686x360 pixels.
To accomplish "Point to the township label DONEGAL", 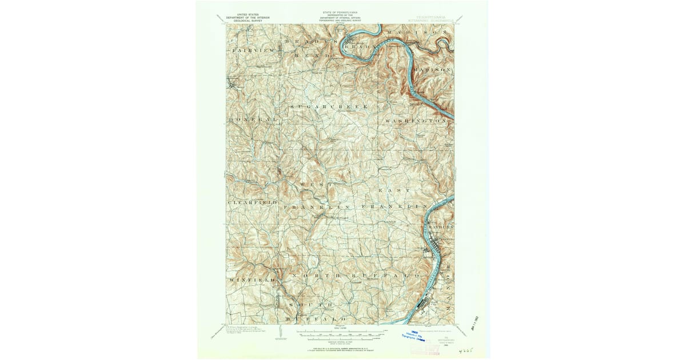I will [252, 119].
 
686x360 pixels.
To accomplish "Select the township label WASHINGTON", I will [415, 122].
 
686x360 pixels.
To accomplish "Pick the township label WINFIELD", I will [252, 280].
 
